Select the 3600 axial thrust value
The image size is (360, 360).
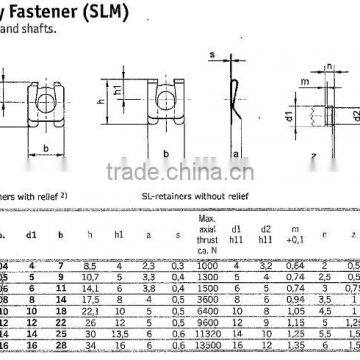207,298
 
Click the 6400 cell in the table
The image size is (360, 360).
207,309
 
